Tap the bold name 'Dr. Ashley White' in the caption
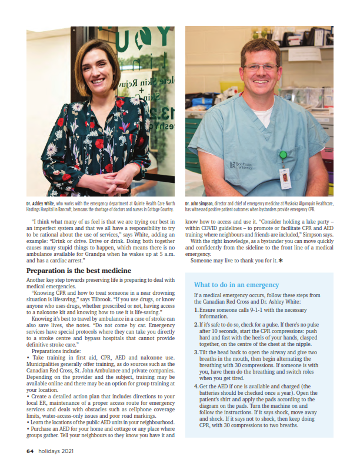[41, 203]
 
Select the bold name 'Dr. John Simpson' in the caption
[200, 203]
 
